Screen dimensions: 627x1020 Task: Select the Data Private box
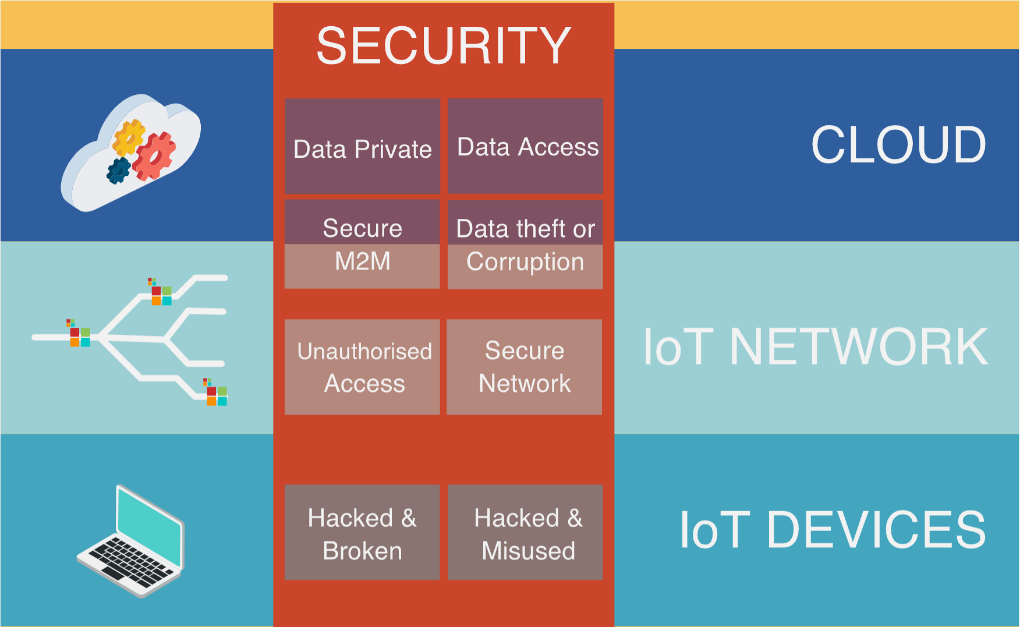pyautogui.click(x=362, y=146)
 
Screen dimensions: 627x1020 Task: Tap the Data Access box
pyautogui.click(x=525, y=146)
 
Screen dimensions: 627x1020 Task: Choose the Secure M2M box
pyautogui.click(x=362, y=244)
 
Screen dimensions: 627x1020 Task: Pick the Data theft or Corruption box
pyautogui.click(x=525, y=245)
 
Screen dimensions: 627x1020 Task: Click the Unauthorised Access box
pyautogui.click(x=362, y=367)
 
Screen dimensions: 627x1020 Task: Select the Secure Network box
pyautogui.click(x=524, y=367)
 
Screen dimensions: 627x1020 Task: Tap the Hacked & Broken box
pyautogui.click(x=362, y=532)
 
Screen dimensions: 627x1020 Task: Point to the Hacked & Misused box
pyautogui.click(x=525, y=532)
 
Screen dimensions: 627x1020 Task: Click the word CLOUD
pyautogui.click(x=898, y=145)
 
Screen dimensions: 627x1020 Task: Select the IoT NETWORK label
pyautogui.click(x=815, y=347)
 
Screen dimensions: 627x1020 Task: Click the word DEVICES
pyautogui.click(x=876, y=530)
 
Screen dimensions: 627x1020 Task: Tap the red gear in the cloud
pyautogui.click(x=154, y=155)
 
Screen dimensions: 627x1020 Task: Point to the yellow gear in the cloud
pyautogui.click(x=129, y=137)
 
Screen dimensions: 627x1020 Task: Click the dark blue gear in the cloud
pyautogui.click(x=119, y=171)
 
